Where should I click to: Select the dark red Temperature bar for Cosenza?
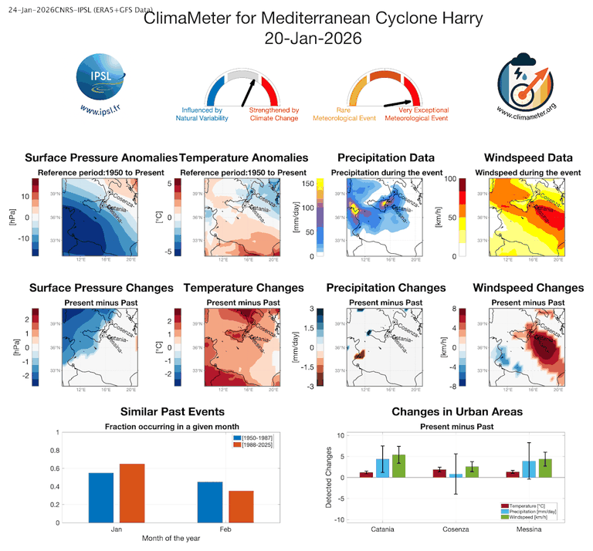click(439, 473)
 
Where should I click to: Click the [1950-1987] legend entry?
click(256, 438)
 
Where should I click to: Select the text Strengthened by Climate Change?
click(273, 115)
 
